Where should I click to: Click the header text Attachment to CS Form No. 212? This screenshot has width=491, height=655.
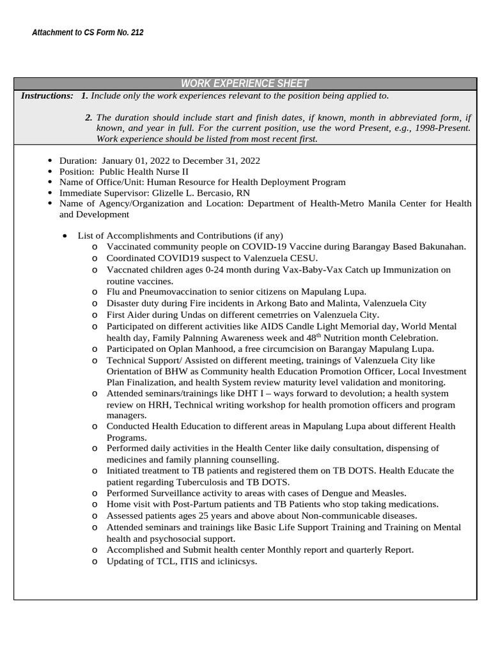88,33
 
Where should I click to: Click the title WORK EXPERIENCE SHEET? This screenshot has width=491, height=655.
245,84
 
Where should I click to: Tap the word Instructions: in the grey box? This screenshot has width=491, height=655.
47,96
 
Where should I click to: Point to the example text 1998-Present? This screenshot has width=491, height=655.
442,128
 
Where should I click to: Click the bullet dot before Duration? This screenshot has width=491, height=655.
51,161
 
